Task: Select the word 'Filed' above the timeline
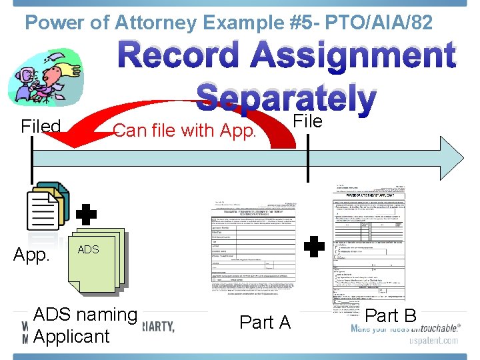41,126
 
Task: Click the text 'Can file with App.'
185,130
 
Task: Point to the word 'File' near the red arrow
308,121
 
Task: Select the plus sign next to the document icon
86,215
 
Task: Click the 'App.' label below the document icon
31,255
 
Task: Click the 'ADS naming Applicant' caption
85,325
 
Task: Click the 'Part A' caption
265,322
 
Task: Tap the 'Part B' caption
391,315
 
